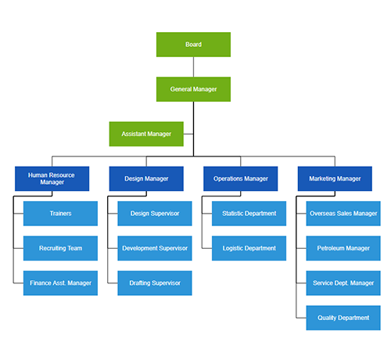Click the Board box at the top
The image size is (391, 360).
point(193,45)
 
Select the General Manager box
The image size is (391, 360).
point(193,89)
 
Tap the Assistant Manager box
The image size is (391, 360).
point(145,134)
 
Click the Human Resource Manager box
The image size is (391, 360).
point(52,178)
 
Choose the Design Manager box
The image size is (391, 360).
point(145,178)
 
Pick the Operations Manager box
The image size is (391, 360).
point(240,178)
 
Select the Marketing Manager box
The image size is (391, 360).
point(335,178)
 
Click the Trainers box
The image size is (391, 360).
point(60,213)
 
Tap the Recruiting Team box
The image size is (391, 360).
point(60,248)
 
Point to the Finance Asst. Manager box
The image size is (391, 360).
point(60,283)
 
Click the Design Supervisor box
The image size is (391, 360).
point(155,213)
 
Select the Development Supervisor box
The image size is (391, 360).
point(155,248)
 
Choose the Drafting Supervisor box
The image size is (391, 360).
point(155,283)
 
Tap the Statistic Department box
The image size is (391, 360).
point(249,213)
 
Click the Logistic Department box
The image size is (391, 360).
point(249,248)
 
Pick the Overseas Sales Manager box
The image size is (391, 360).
point(343,213)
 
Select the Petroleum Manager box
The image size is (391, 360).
point(343,248)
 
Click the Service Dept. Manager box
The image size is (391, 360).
point(343,283)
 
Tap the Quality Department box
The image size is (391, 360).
point(343,318)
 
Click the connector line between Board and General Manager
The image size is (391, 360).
point(193,67)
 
